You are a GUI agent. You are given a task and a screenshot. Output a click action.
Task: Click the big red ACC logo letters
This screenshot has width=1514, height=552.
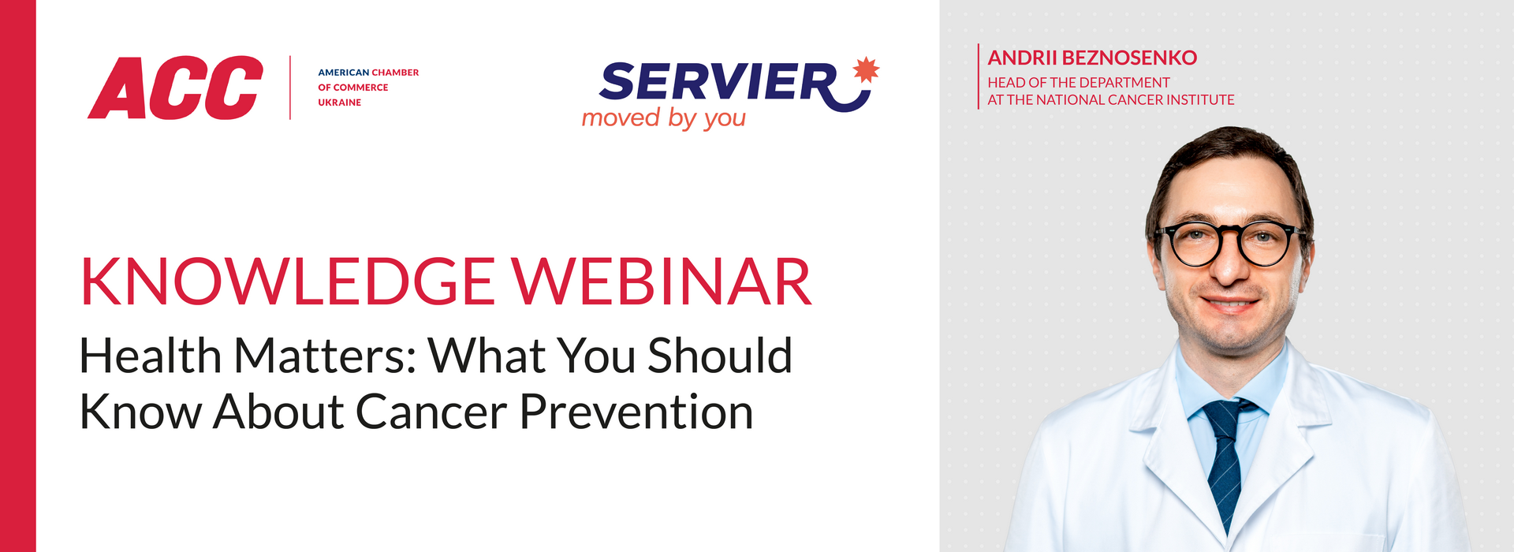pyautogui.click(x=175, y=88)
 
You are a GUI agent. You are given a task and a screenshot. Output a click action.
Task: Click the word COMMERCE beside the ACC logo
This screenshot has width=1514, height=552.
pyautogui.click(x=360, y=88)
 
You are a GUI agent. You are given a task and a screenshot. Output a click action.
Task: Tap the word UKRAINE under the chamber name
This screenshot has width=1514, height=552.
pyautogui.click(x=339, y=103)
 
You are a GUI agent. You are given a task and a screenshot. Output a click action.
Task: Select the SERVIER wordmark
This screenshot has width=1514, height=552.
pyautogui.click(x=718, y=82)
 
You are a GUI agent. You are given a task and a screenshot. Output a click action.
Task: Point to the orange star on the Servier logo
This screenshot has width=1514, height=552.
pyautogui.click(x=866, y=69)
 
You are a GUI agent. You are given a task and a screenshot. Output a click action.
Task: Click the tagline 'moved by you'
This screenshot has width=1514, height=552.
pyautogui.click(x=663, y=118)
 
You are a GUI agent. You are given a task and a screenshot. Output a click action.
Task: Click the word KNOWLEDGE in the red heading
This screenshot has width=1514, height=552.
pyautogui.click(x=288, y=282)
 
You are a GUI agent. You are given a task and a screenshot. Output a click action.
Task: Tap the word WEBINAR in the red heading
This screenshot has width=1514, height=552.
pyautogui.click(x=662, y=282)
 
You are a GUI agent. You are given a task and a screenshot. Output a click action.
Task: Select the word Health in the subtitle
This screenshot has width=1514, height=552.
pyautogui.click(x=151, y=356)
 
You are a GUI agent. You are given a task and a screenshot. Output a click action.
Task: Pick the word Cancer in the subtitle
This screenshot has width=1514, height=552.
pyautogui.click(x=431, y=412)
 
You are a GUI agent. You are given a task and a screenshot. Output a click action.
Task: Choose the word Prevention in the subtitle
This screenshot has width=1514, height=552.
pyautogui.click(x=636, y=412)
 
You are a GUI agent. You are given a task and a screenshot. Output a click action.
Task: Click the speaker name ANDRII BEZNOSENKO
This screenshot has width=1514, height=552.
pyautogui.click(x=1092, y=58)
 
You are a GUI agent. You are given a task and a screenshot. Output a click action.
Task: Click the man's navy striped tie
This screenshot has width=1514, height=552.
pyautogui.click(x=1225, y=461)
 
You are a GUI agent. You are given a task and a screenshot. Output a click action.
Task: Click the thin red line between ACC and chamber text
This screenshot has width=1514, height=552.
pyautogui.click(x=290, y=88)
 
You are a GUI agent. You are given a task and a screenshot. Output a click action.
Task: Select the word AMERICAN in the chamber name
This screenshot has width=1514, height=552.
pyautogui.click(x=344, y=73)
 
